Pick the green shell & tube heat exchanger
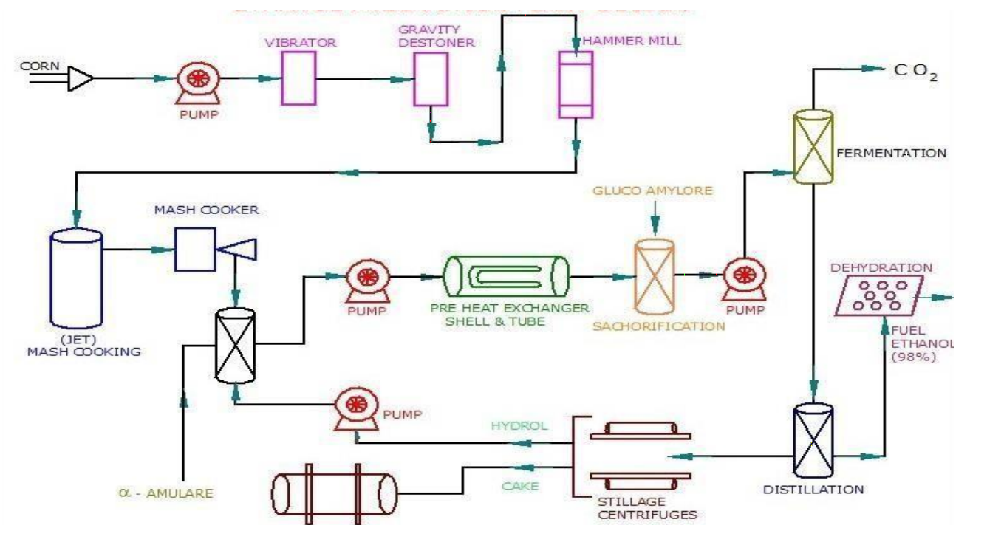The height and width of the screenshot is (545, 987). pyautogui.click(x=505, y=277)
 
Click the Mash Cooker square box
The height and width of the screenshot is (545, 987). pyautogui.click(x=194, y=249)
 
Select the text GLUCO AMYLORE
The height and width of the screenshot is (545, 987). pyautogui.click(x=652, y=191)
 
